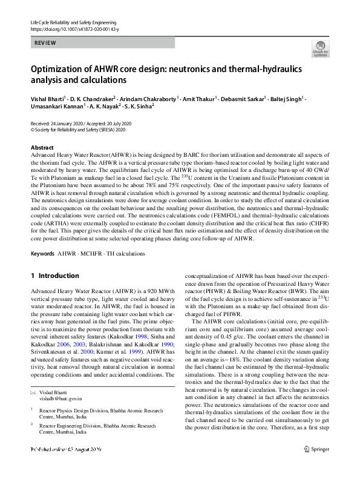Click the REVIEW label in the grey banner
point(45,43)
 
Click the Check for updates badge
point(320,48)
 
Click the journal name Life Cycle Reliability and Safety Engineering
point(73,22)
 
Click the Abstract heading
point(42,148)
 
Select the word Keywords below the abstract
point(42,253)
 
